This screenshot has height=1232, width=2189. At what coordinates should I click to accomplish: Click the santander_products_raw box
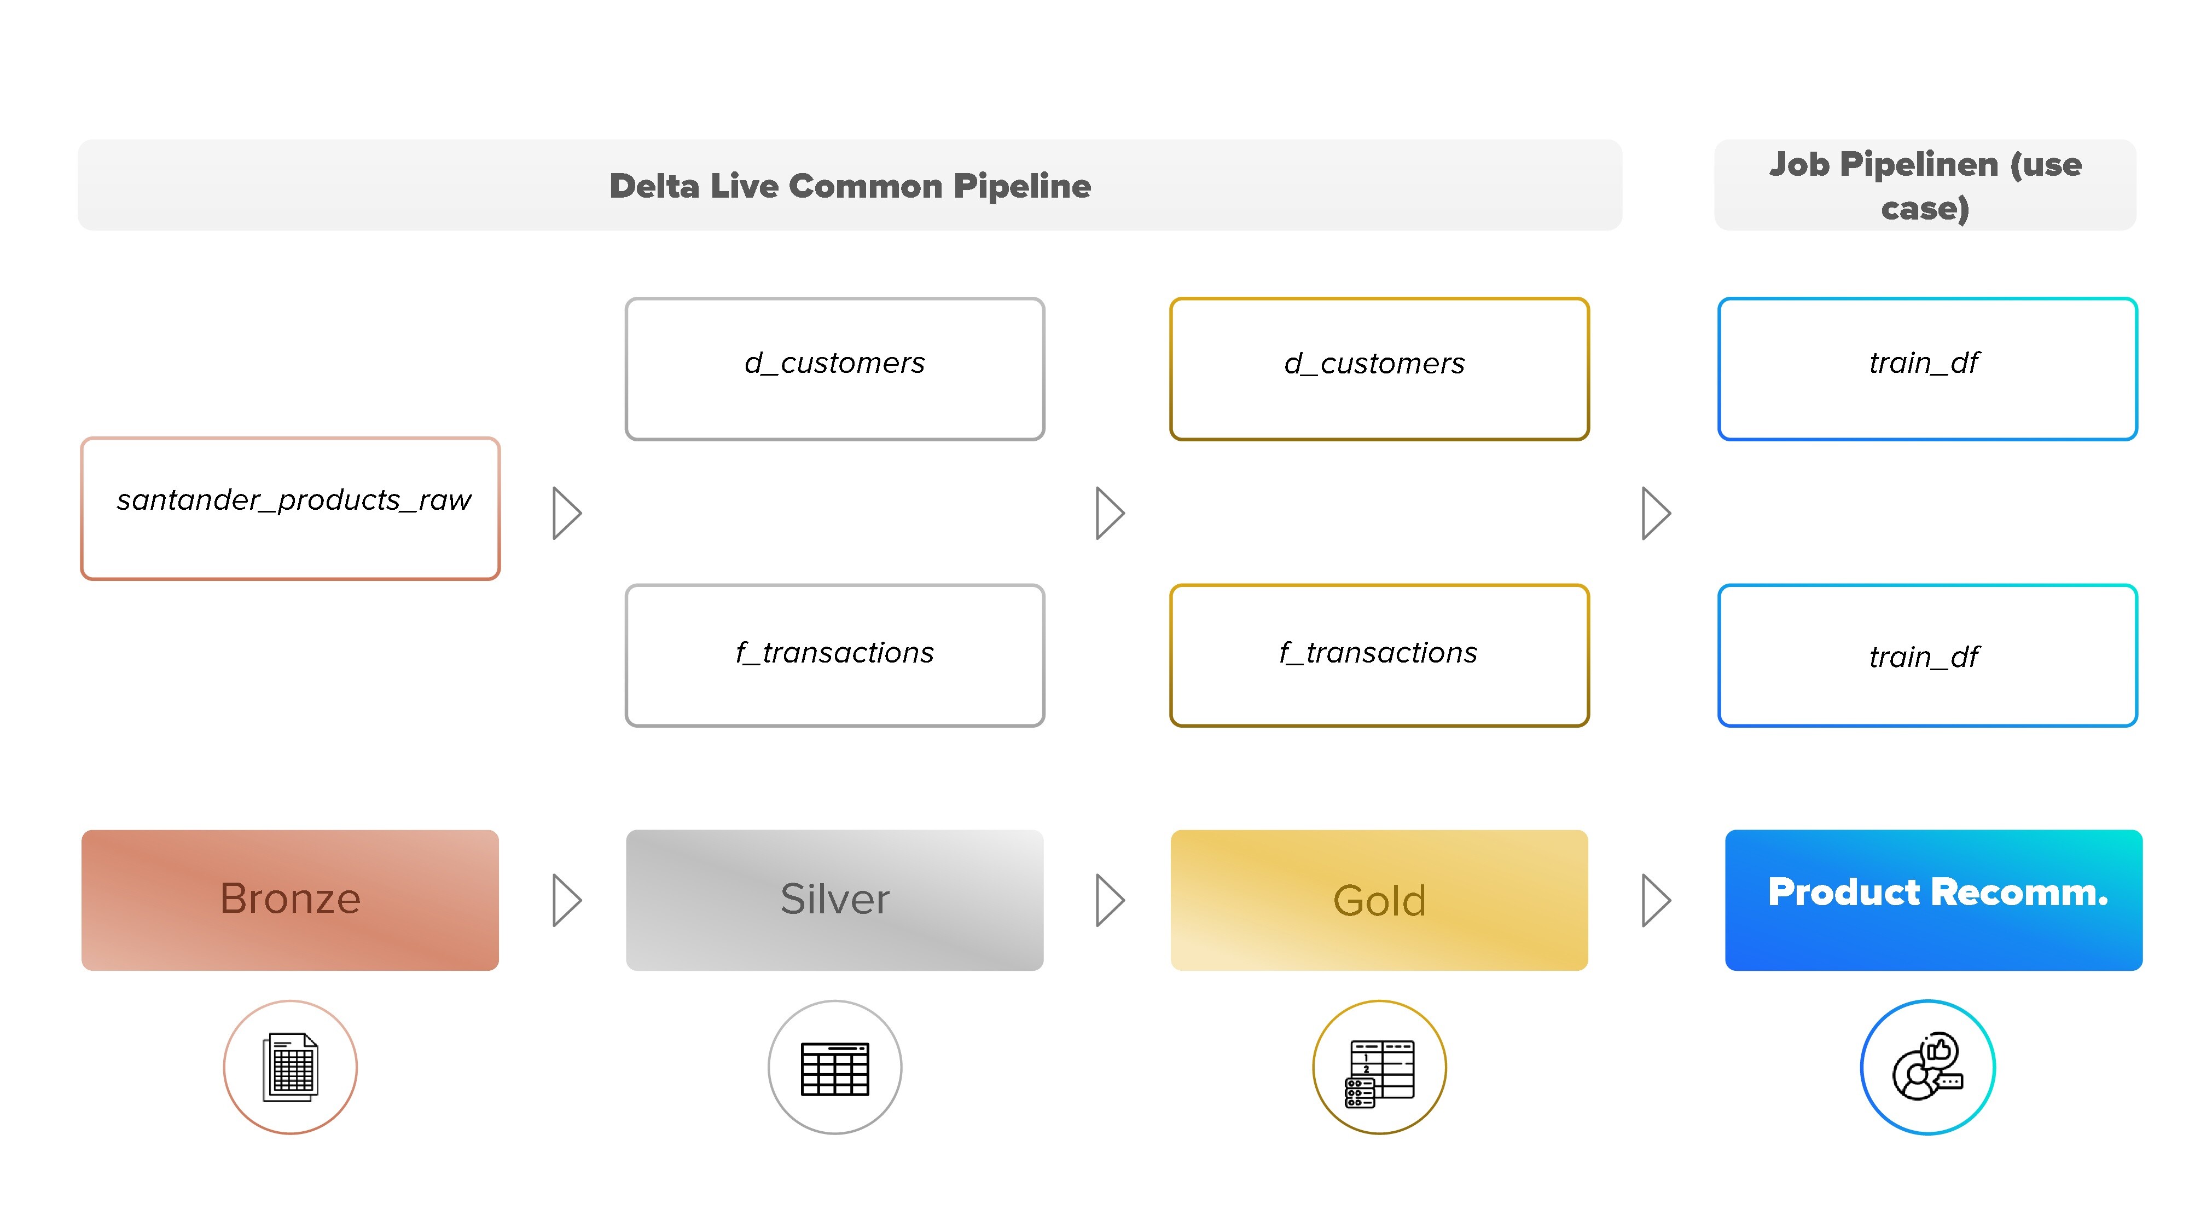tap(291, 509)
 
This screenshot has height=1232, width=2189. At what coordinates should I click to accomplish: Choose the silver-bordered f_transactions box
tap(834, 655)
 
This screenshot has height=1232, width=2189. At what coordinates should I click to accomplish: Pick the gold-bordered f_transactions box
tap(1379, 655)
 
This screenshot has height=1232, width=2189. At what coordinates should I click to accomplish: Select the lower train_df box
tap(1927, 655)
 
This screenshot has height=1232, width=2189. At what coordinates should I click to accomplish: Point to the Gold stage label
tap(1379, 900)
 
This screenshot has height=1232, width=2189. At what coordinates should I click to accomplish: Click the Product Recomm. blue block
tap(1933, 900)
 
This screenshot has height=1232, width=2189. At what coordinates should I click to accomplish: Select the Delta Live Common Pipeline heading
tap(850, 186)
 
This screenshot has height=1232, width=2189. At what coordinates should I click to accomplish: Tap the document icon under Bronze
tap(291, 1067)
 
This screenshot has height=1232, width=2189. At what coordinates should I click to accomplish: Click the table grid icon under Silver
tap(834, 1069)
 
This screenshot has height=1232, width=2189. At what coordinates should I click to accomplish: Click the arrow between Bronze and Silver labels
tap(567, 900)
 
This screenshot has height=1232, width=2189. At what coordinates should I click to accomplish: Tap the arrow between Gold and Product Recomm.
tap(1656, 900)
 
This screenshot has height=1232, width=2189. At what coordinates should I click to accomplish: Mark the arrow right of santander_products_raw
tap(567, 513)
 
